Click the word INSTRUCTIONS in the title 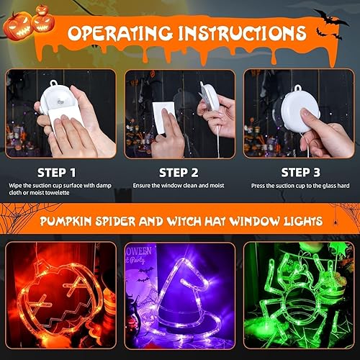click(x=238, y=34)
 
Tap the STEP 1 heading click(x=57, y=172)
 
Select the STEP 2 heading click(x=179, y=172)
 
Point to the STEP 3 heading click(x=300, y=172)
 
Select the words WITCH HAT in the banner click(x=209, y=219)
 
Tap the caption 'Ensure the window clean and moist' click(x=179, y=186)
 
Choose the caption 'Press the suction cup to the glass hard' click(x=300, y=186)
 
